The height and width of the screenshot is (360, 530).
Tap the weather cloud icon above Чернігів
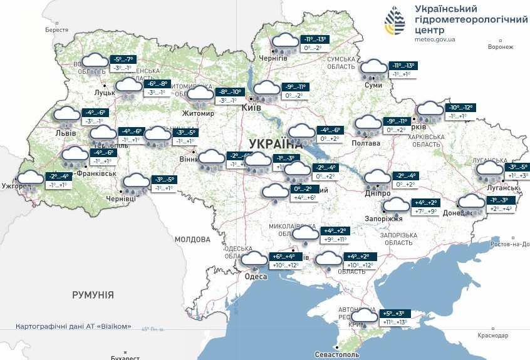(284, 43)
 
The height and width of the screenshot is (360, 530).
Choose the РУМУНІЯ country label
(93, 294)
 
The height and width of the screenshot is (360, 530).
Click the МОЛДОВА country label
(192, 239)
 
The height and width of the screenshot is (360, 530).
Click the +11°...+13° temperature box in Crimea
(395, 322)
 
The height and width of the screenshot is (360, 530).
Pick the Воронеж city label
(500, 47)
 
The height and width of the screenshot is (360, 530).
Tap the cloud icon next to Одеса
(254, 260)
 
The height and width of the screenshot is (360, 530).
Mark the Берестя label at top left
(56, 29)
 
